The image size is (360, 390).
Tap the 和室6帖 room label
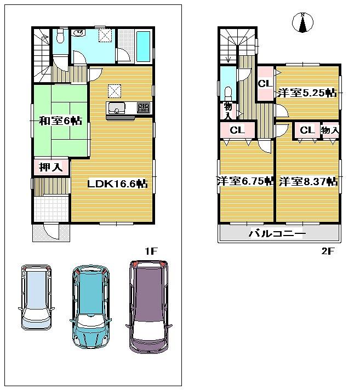60,121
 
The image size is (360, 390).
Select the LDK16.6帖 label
117,184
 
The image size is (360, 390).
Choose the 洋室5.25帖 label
306,93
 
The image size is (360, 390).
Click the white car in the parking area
36,296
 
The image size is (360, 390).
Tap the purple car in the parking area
148,305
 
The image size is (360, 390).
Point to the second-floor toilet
227,91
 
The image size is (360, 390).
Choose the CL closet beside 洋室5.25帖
265,84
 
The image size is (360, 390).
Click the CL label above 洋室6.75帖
237,130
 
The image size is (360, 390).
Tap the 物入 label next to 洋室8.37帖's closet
329,130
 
